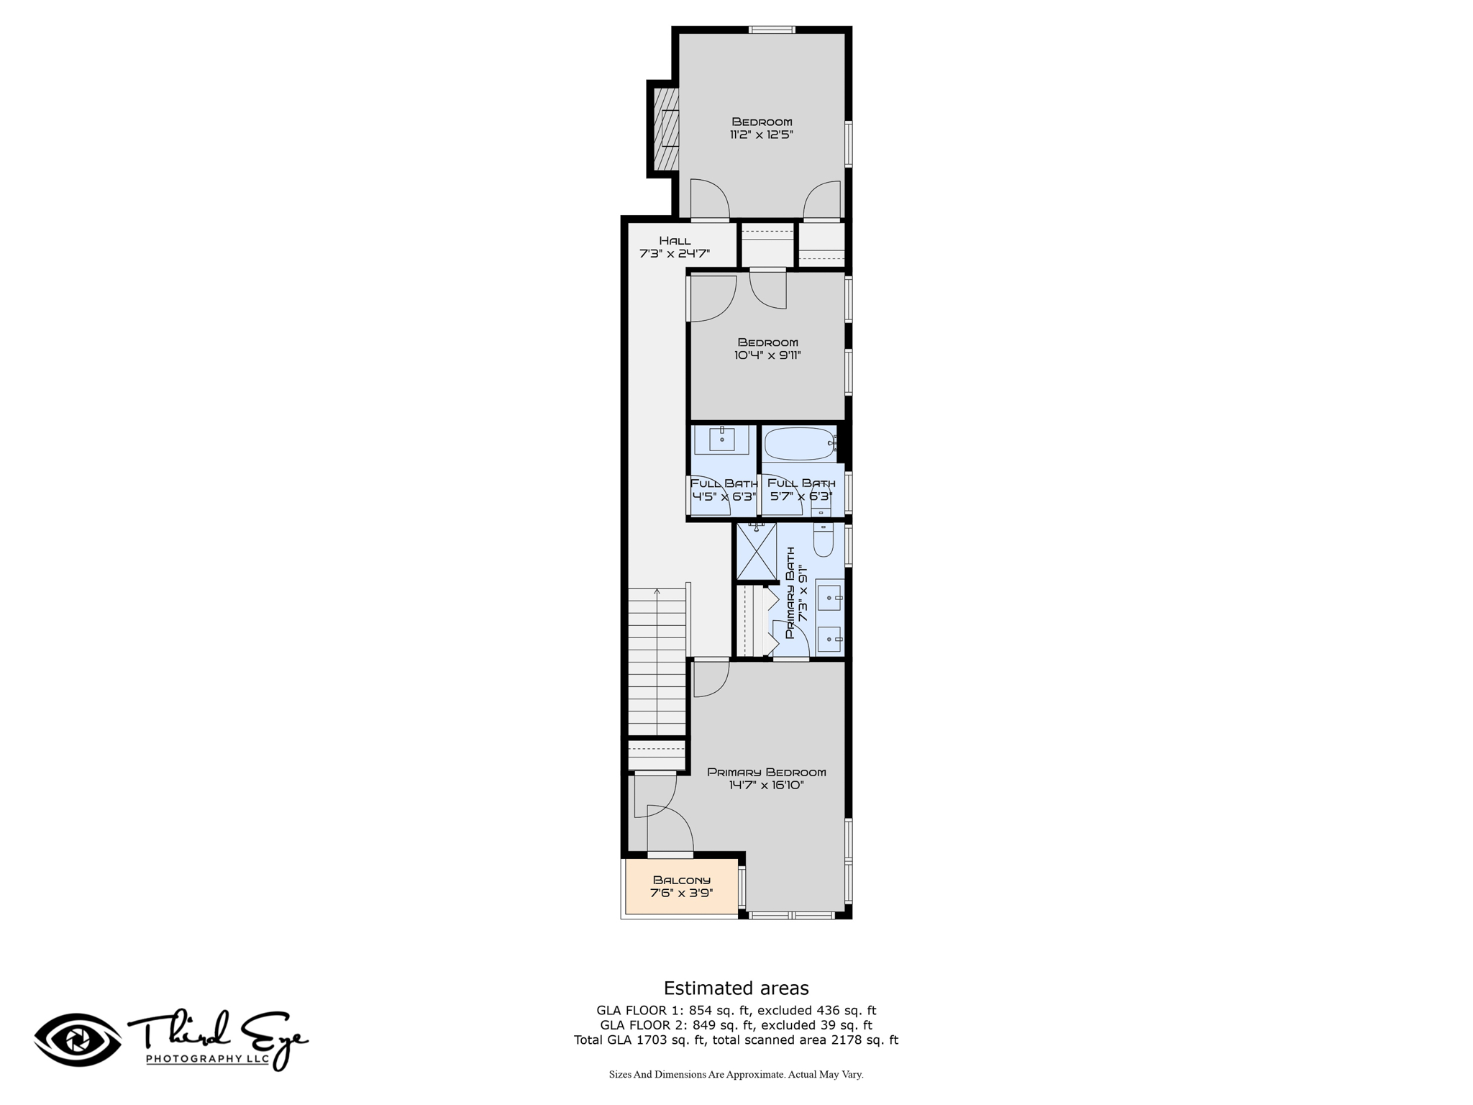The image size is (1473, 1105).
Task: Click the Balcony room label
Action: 681,880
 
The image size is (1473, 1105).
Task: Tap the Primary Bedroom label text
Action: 766,772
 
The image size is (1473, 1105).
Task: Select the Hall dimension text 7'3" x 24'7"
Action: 675,253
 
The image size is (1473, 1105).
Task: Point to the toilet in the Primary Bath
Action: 824,539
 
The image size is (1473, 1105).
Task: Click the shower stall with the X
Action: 757,552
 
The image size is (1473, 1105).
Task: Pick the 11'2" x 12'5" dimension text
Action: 762,135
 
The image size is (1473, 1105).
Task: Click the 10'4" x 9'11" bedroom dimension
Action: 767,355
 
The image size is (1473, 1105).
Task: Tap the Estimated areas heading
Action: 736,988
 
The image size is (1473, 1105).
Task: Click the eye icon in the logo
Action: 78,1040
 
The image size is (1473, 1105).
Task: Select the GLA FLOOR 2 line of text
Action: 736,1025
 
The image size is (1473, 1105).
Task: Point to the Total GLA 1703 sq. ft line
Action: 736,1040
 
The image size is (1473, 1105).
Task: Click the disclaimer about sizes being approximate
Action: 736,1075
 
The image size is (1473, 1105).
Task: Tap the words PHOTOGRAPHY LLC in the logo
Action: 208,1058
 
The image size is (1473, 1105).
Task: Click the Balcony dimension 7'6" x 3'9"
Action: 681,893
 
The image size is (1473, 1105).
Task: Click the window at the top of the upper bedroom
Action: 772,29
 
